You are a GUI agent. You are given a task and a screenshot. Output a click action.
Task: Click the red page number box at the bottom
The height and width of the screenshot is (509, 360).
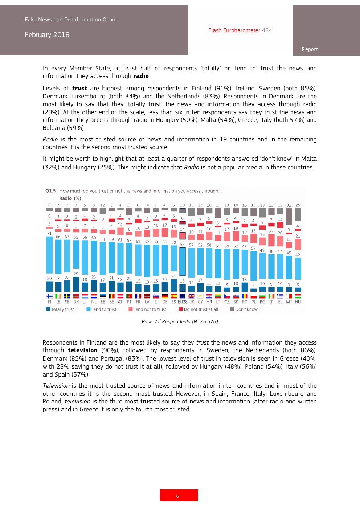tap(179, 495)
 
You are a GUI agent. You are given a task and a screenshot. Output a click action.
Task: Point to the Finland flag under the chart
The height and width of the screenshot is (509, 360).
tap(49, 296)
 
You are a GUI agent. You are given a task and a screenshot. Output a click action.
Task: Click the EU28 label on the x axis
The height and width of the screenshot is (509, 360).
tap(183, 302)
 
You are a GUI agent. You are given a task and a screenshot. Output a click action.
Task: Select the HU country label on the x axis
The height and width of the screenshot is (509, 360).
tap(298, 302)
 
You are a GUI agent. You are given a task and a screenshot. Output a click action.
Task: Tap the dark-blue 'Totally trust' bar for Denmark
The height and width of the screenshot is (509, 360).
tap(76, 284)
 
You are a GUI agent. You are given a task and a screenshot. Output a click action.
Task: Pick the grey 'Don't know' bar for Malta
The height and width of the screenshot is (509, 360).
tap(289, 216)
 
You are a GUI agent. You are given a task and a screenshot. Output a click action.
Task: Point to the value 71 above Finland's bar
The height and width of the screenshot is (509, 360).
tap(49, 234)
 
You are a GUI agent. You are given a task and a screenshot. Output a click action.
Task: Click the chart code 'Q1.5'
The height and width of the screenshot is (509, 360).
tap(50, 191)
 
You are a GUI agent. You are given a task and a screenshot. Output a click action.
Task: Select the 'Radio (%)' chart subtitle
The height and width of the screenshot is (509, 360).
tap(70, 198)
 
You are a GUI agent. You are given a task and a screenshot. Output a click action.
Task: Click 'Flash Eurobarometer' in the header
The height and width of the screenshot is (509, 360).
tap(234, 30)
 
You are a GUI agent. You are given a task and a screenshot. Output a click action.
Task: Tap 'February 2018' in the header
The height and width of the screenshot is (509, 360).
tap(47, 35)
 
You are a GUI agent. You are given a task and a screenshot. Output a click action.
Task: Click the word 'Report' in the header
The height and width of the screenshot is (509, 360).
tap(310, 49)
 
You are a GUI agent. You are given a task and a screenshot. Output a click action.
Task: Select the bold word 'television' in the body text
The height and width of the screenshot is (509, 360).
tap(83, 350)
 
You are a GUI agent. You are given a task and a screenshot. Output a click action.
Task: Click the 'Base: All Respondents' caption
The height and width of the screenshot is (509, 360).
tap(180, 321)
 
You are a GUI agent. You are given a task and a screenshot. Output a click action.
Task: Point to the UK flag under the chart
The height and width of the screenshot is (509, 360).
tap(192, 296)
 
